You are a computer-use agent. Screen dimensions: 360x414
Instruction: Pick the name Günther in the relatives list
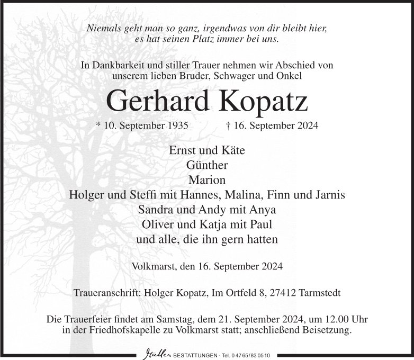207,165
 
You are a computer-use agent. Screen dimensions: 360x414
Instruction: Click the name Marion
207,179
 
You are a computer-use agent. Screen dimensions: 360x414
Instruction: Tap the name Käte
233,150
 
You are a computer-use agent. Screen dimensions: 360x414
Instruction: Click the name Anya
264,209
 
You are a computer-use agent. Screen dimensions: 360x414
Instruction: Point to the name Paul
261,224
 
